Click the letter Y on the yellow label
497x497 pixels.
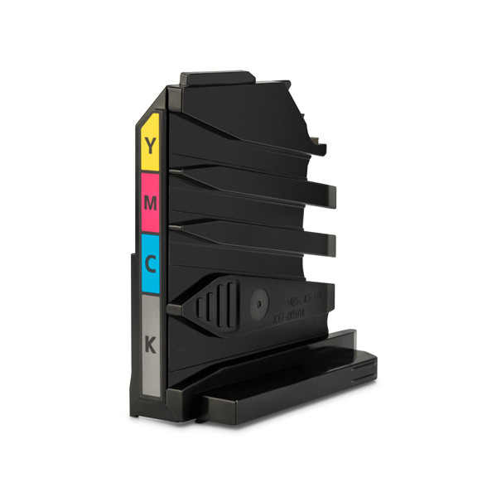pyautogui.click(x=150, y=147)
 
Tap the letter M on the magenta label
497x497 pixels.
pyautogui.click(x=150, y=201)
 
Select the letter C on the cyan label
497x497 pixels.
pyautogui.click(x=150, y=263)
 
